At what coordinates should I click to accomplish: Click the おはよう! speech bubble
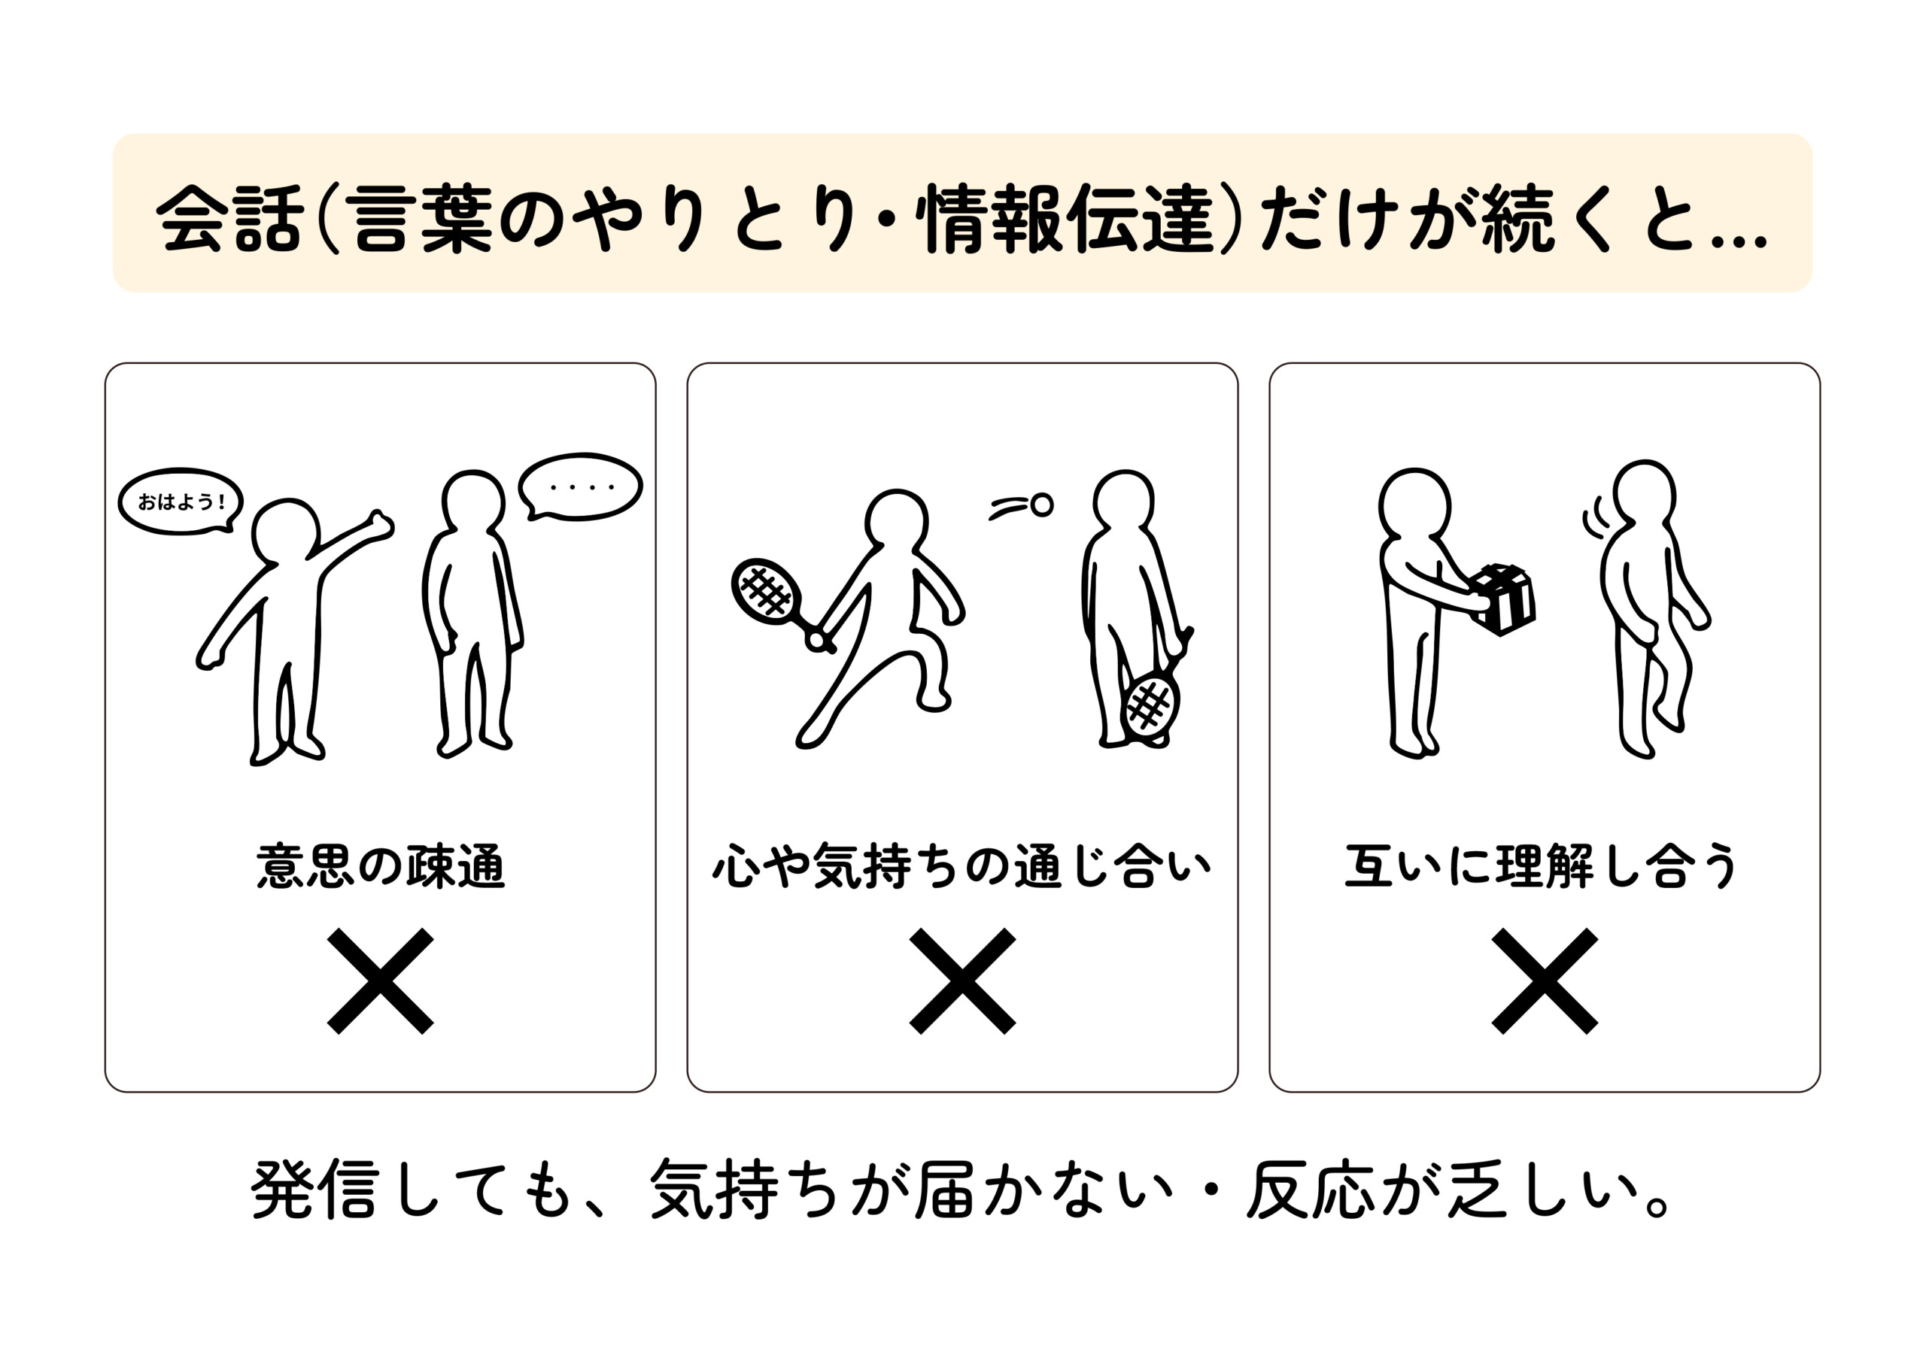(181, 502)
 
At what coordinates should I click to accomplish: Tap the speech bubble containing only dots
(581, 487)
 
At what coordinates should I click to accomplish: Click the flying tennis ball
(1041, 505)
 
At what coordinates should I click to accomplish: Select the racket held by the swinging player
(764, 591)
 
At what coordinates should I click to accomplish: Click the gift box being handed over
(1504, 598)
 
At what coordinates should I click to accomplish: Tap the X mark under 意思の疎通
(380, 981)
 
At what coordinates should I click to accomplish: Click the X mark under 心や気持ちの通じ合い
(962, 981)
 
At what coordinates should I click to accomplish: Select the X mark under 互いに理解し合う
(1545, 981)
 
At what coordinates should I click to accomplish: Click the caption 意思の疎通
(380, 867)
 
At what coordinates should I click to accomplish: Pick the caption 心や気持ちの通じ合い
(962, 867)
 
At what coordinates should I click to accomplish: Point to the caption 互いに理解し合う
(1542, 867)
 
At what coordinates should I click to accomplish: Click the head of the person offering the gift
(1414, 503)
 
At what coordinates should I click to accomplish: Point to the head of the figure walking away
(1644, 493)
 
